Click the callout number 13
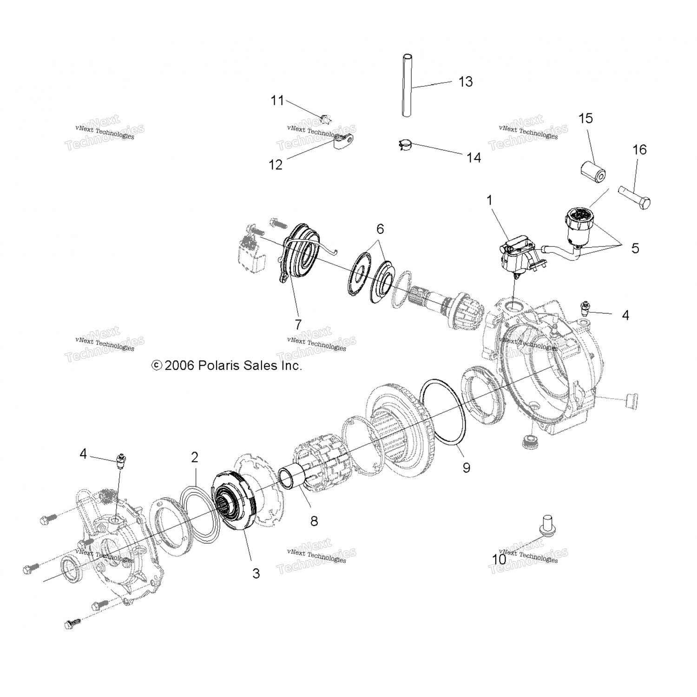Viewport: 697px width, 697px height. (x=466, y=82)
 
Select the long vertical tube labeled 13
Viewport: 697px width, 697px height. (x=408, y=86)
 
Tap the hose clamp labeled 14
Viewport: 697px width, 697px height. (x=405, y=145)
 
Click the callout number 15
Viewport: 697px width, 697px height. (x=585, y=118)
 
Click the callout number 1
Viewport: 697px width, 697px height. (x=489, y=201)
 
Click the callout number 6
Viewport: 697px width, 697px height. (x=380, y=229)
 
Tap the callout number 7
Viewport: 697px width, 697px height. (x=298, y=324)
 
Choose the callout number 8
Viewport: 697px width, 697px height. (x=314, y=521)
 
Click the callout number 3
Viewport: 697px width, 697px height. (x=256, y=573)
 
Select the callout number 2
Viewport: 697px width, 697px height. (x=194, y=457)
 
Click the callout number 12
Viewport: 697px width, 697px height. (x=276, y=164)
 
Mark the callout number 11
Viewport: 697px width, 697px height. (x=277, y=100)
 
